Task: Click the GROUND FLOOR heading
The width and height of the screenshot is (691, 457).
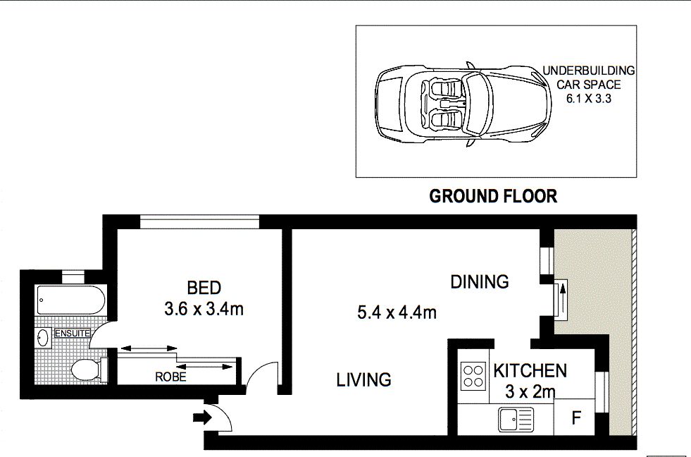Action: [x=493, y=196]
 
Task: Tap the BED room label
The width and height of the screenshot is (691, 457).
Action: [x=204, y=288]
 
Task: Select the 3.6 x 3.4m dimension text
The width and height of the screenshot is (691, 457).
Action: [x=204, y=309]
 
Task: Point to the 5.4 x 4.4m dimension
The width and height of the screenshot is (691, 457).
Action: [x=397, y=312]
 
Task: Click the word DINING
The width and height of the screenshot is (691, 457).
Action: [x=480, y=281]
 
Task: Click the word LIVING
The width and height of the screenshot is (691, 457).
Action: [x=363, y=380]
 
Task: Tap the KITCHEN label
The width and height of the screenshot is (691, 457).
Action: [x=530, y=371]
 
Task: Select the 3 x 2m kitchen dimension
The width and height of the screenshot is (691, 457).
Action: [x=530, y=391]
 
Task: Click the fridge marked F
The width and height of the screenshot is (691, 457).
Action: [x=575, y=418]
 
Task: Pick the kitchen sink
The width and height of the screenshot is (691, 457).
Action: [x=516, y=419]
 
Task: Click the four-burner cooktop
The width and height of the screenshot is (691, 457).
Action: [x=473, y=376]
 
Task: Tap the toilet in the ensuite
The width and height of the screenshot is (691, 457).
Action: [x=89, y=370]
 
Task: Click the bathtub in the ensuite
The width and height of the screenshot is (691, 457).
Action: [x=71, y=300]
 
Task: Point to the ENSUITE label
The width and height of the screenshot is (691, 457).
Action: [x=73, y=334]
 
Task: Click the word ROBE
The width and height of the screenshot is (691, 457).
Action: [x=170, y=377]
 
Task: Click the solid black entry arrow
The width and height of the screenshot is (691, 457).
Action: [x=202, y=418]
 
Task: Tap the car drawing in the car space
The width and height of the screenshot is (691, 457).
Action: [x=463, y=104]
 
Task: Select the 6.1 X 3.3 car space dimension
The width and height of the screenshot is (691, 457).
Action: [x=589, y=98]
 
